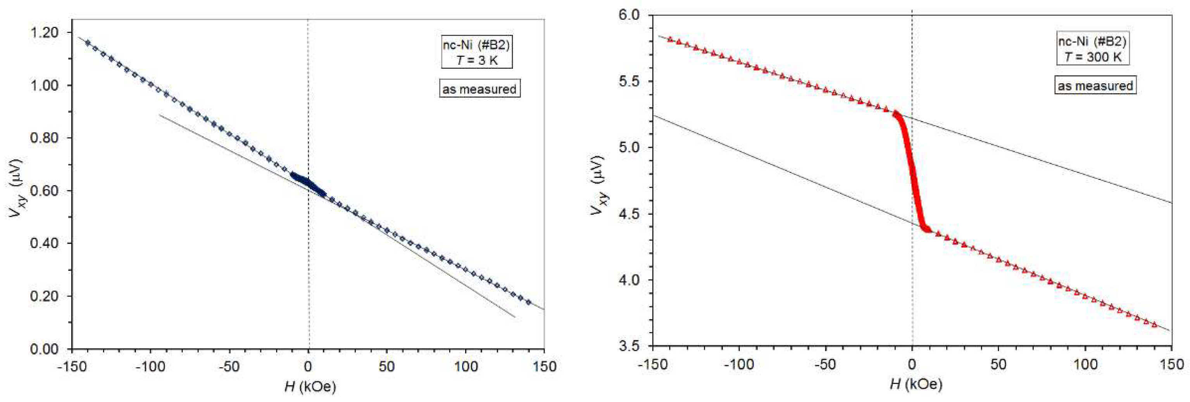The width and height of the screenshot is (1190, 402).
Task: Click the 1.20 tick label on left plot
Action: click(x=44, y=32)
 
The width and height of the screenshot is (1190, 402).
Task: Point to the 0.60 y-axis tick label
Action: click(x=44, y=190)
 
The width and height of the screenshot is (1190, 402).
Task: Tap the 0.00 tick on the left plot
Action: click(x=44, y=349)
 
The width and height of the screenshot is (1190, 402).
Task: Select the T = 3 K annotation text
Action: click(x=477, y=60)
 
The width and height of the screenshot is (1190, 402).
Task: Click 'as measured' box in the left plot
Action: click(x=479, y=89)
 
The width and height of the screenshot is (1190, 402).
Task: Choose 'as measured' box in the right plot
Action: click(x=1095, y=86)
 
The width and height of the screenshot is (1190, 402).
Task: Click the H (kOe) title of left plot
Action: click(x=309, y=386)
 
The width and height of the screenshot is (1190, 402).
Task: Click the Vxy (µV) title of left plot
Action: click(x=17, y=190)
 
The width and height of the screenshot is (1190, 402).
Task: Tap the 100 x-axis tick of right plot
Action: click(x=1085, y=364)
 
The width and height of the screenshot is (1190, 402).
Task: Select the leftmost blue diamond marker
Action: click(x=87, y=43)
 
